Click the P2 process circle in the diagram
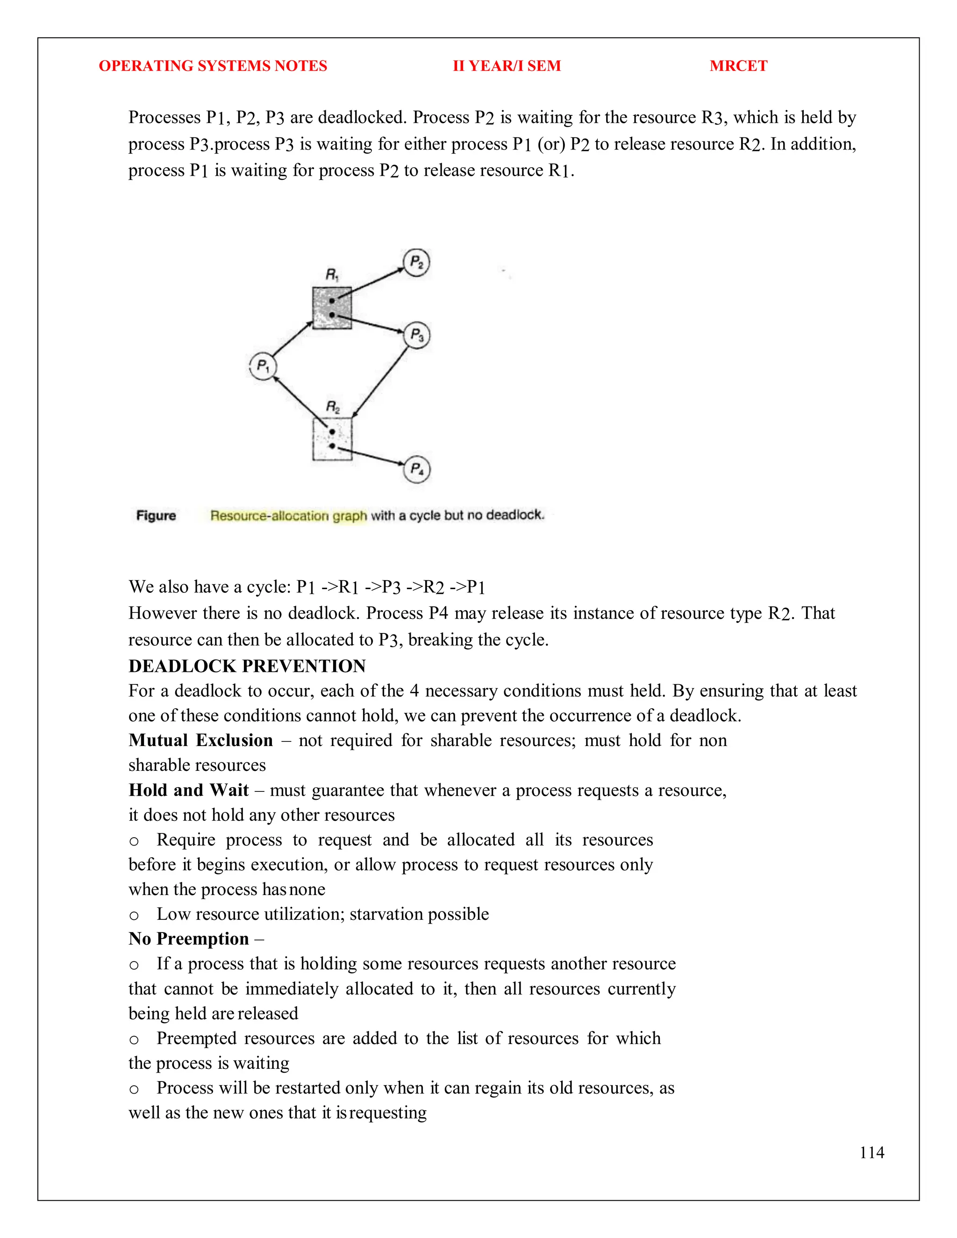coord(416,263)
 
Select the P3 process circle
coord(417,335)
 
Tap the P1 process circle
coord(263,366)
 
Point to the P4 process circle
coord(417,470)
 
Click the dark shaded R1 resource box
coord(332,308)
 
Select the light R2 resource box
coord(332,439)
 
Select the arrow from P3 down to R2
coord(380,383)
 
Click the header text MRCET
coord(738,66)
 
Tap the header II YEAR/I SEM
coord(506,66)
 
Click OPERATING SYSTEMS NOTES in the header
coord(213,66)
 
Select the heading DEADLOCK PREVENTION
coord(247,666)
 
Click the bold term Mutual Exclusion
coord(200,740)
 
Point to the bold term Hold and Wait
coord(188,790)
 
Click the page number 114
coord(871,1153)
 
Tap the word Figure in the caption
coord(156,515)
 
